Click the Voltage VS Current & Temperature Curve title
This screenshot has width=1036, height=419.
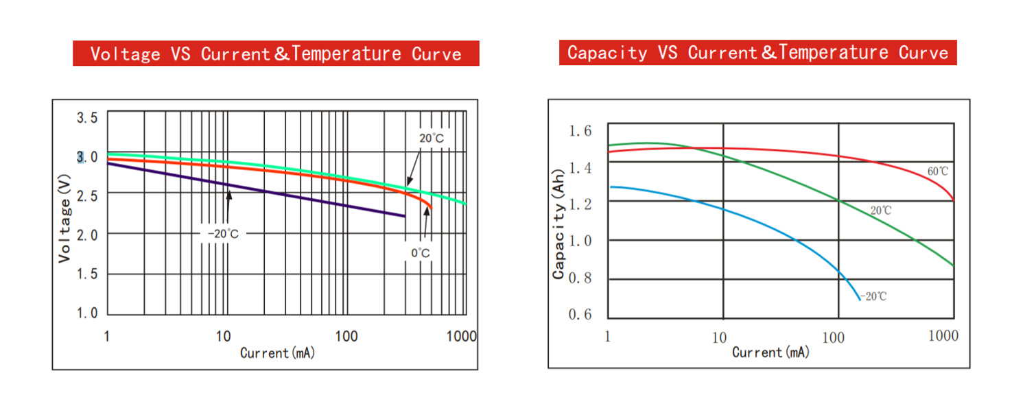[x=276, y=53]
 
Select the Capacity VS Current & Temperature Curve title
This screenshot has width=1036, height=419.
[x=757, y=52]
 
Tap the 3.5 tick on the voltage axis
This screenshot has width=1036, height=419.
[x=87, y=118]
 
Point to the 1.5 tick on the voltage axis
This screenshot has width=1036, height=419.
[x=87, y=274]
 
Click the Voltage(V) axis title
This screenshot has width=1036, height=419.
[x=64, y=218]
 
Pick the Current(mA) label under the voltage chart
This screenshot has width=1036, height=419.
[x=277, y=353]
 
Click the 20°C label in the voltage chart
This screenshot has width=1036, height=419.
[x=432, y=139]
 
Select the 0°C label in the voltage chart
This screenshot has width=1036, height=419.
[x=421, y=253]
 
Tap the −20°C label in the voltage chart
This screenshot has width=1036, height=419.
[x=224, y=234]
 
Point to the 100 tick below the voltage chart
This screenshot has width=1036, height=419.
[x=346, y=336]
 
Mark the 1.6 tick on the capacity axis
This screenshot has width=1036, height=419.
[x=580, y=131]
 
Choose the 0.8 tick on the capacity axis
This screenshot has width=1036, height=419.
[x=580, y=278]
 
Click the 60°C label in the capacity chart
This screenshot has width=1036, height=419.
[x=938, y=171]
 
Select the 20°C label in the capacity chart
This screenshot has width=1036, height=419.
[x=880, y=211]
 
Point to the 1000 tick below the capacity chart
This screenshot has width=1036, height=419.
[x=943, y=336]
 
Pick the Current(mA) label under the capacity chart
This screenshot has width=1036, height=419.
[x=770, y=352]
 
